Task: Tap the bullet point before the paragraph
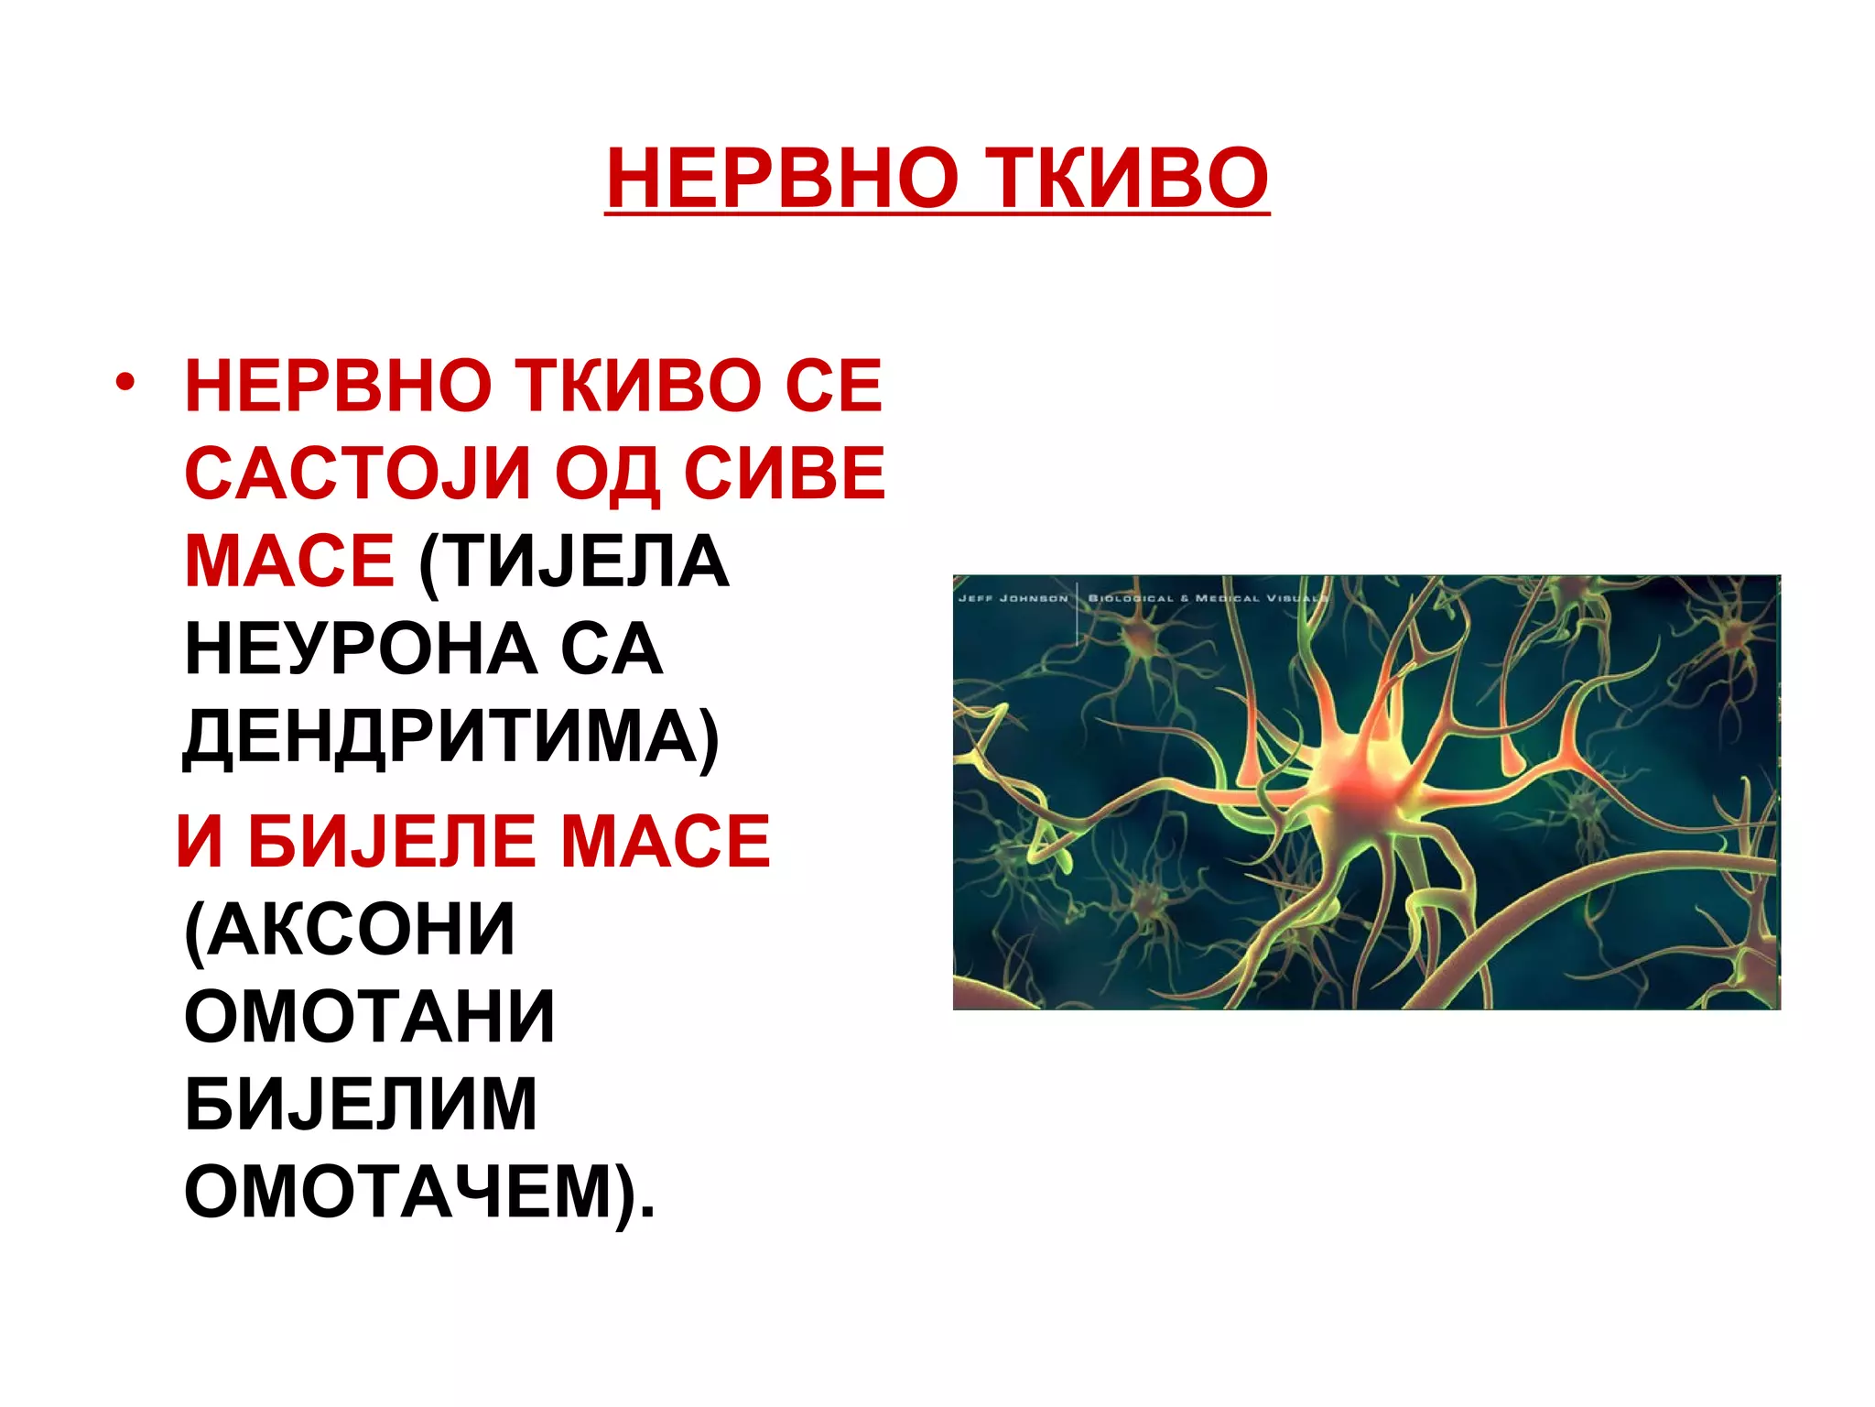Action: pos(125,382)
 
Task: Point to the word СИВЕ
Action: pos(785,474)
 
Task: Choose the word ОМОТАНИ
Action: pos(370,1016)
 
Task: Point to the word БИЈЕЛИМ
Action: pos(361,1104)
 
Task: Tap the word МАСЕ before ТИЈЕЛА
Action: pos(289,561)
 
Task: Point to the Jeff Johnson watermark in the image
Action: pos(1013,598)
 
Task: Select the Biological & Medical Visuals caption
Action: pos(1207,598)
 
